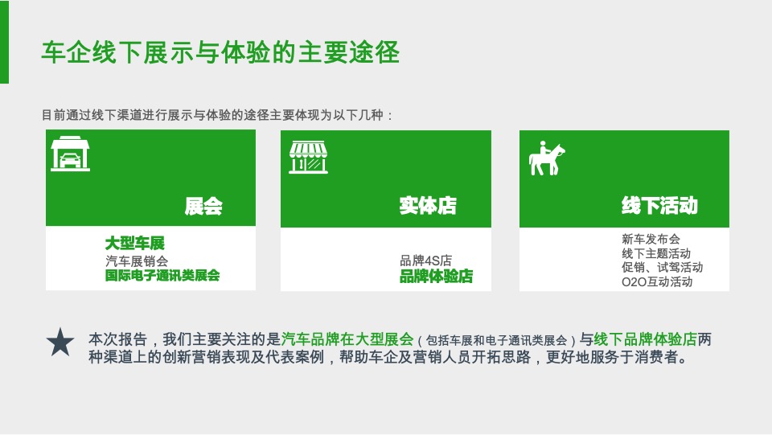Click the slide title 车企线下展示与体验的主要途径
click(x=220, y=53)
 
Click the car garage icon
click(x=70, y=154)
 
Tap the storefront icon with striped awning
click(x=309, y=158)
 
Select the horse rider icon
click(x=546, y=158)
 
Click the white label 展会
click(x=203, y=207)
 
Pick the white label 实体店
click(x=428, y=206)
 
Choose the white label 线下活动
click(x=659, y=206)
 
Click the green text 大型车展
click(x=134, y=243)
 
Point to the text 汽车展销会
click(x=137, y=261)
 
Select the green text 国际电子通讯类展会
click(x=162, y=276)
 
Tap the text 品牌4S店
click(x=425, y=261)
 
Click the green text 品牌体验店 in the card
click(x=436, y=277)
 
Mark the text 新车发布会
click(x=651, y=239)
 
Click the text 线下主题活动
click(x=656, y=253)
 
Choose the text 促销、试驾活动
click(x=662, y=268)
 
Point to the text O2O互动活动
click(x=657, y=282)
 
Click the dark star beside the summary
click(x=60, y=343)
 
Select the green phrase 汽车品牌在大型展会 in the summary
click(x=347, y=339)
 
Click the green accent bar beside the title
click(x=4, y=42)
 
